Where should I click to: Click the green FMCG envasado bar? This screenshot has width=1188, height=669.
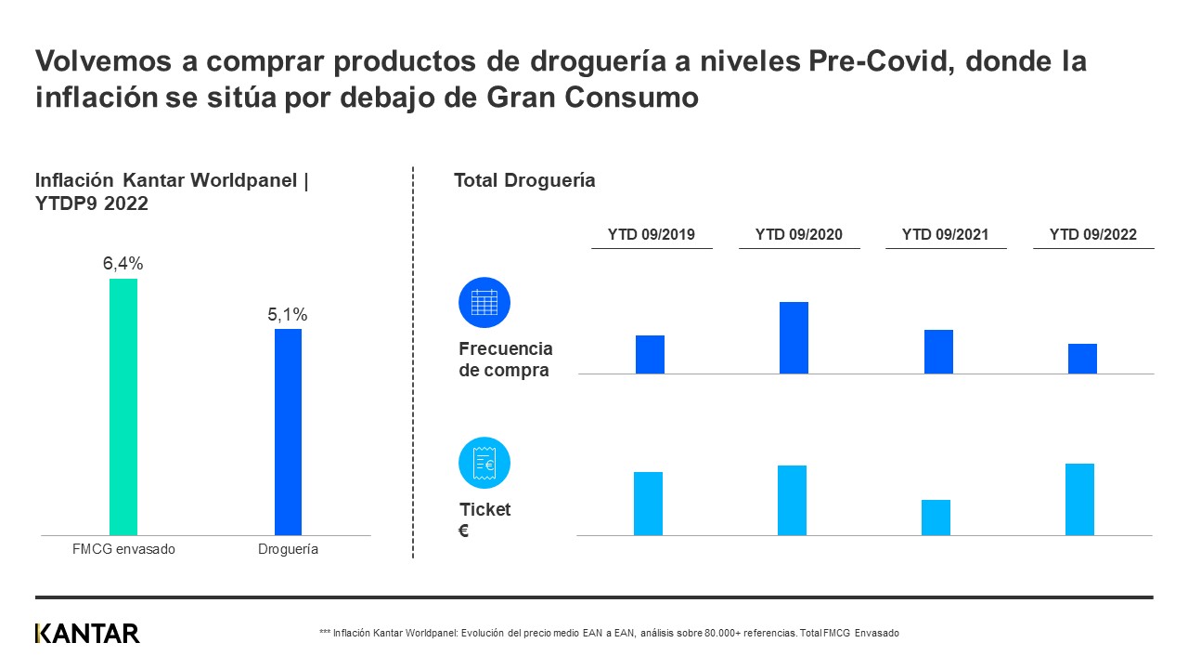click(123, 407)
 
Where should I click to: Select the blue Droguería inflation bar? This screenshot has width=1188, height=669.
click(288, 432)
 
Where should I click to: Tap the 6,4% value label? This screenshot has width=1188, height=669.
click(123, 264)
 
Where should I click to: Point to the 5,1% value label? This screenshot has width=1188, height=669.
click(288, 315)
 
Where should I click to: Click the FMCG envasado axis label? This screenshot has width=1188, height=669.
click(123, 549)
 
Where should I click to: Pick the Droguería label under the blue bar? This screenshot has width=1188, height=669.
click(288, 549)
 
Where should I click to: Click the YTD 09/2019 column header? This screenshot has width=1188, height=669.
click(652, 235)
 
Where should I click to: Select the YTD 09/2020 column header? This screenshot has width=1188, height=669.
click(799, 235)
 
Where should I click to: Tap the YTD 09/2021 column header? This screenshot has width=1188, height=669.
click(945, 235)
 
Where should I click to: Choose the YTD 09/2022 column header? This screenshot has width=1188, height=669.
click(1092, 235)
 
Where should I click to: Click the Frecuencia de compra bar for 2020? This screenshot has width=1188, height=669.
click(794, 338)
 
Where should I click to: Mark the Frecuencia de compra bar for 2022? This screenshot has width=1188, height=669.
click(1082, 359)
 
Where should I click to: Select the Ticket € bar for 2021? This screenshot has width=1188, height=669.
click(936, 518)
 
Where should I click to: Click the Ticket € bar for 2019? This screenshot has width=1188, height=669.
click(648, 504)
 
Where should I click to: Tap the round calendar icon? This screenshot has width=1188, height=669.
click(484, 303)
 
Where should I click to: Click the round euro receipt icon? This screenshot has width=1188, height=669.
click(484, 463)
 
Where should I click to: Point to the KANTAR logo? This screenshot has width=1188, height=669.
click(87, 634)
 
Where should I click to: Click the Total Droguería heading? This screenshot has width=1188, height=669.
click(524, 180)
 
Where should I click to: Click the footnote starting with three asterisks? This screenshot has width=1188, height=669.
click(609, 633)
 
